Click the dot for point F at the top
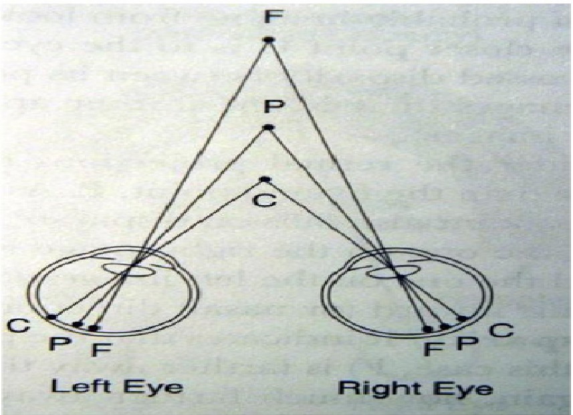pyautogui.click(x=268, y=40)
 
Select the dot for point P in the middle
pyautogui.click(x=267, y=127)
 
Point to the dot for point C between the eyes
pyautogui.click(x=265, y=179)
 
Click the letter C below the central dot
pyautogui.click(x=265, y=200)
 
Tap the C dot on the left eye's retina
pyautogui.click(x=51, y=316)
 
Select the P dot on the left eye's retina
pyautogui.click(x=78, y=324)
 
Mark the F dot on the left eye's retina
pyautogui.click(x=94, y=327)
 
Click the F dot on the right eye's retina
pyautogui.click(x=427, y=328)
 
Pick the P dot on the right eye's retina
pyautogui.click(x=445, y=326)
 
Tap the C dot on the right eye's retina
pyautogui.click(x=461, y=319)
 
